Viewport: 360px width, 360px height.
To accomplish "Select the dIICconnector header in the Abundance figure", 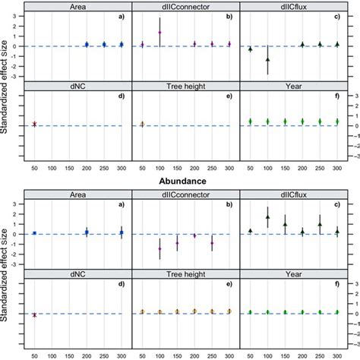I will pos(185,195).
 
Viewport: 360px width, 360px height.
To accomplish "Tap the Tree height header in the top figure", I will pos(185,86).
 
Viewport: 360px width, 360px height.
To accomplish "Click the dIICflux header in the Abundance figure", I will pos(292,195).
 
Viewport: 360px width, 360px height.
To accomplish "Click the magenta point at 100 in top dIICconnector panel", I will pos(159,33).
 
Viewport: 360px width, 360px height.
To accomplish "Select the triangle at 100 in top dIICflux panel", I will pos(268,58).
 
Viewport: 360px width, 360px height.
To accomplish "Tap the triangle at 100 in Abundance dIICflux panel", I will pos(268,216).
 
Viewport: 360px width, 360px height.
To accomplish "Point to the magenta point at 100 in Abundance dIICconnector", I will pos(159,248).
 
